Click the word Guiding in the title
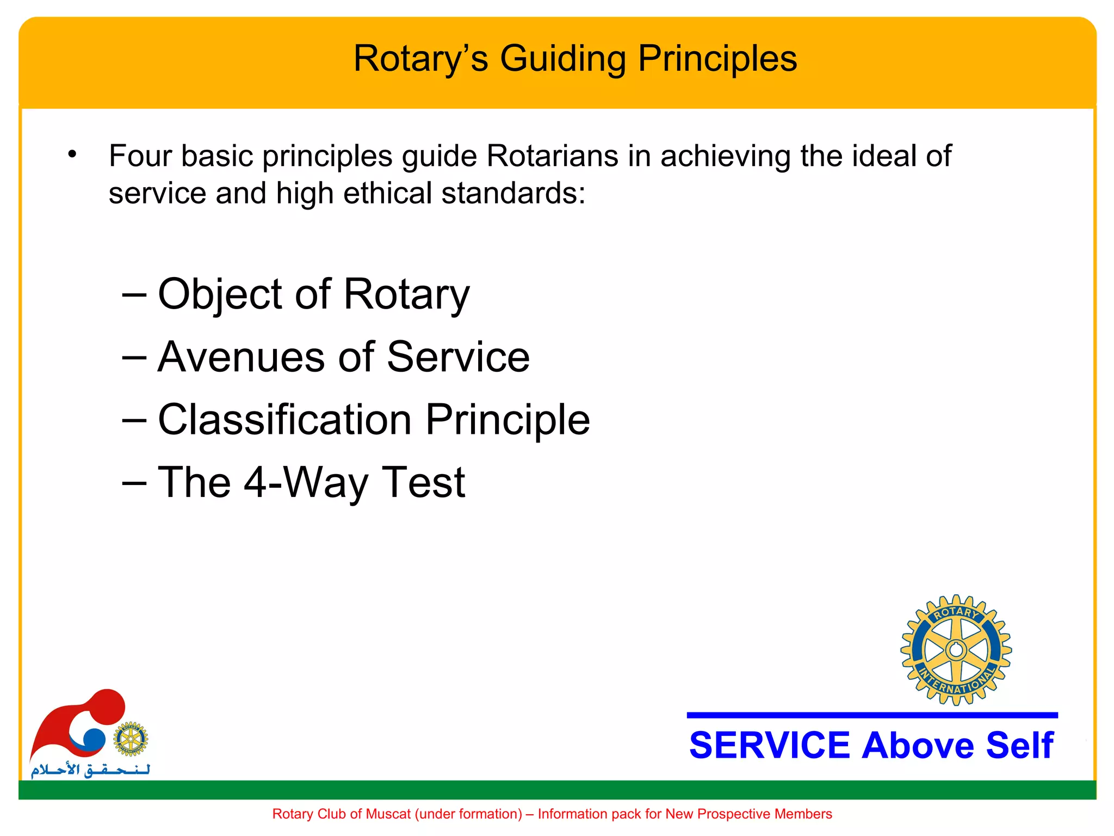(x=562, y=59)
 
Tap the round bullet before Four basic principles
(x=72, y=155)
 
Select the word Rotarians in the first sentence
(x=552, y=156)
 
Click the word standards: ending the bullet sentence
(x=513, y=193)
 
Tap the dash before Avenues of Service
(x=134, y=357)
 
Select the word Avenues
(x=242, y=357)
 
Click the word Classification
(x=284, y=420)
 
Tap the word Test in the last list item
(x=423, y=482)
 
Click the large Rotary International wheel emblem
(x=956, y=650)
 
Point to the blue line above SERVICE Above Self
(x=872, y=715)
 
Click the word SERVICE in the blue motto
(x=769, y=745)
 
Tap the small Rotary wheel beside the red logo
(x=131, y=739)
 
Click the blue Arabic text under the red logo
(x=90, y=770)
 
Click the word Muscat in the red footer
(x=388, y=814)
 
